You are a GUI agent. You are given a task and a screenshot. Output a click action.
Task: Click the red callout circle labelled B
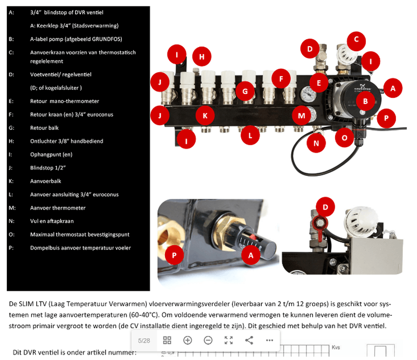pyautogui.click(x=365, y=102)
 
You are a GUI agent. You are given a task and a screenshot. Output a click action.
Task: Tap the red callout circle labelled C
pyautogui.click(x=357, y=39)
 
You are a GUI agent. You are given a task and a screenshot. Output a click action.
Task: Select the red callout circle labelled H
pyautogui.click(x=201, y=56)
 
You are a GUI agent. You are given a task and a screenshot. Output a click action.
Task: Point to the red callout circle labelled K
pyautogui.click(x=205, y=116)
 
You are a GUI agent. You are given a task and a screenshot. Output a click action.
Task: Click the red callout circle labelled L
pyautogui.click(x=250, y=135)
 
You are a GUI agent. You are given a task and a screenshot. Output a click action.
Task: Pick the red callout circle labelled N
pyautogui.click(x=316, y=143)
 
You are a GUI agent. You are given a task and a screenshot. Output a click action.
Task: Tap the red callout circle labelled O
pyautogui.click(x=344, y=138)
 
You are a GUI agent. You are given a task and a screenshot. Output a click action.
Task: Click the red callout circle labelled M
pyautogui.click(x=302, y=115)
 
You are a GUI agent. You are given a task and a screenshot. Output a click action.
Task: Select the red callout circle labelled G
pyautogui.click(x=245, y=91)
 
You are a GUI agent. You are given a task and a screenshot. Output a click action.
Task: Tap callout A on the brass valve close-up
pyautogui.click(x=251, y=255)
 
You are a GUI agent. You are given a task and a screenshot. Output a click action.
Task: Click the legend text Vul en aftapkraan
pyautogui.click(x=51, y=221)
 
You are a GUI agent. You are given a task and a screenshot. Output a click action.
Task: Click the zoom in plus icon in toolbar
pyautogui.click(x=188, y=340)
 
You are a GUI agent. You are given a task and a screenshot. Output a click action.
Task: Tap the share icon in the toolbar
pyautogui.click(x=249, y=340)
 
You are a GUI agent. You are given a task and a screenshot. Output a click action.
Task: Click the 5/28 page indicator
pyautogui.click(x=144, y=340)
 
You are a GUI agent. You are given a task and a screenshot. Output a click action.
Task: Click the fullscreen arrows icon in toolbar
pyautogui.click(x=228, y=340)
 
